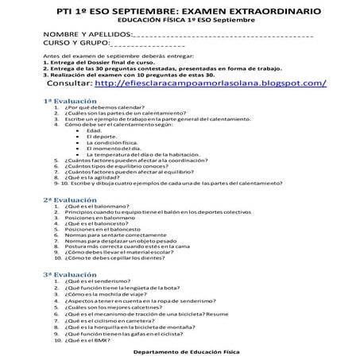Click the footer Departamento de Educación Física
coord(180,350)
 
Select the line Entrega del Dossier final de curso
coord(99,64)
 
